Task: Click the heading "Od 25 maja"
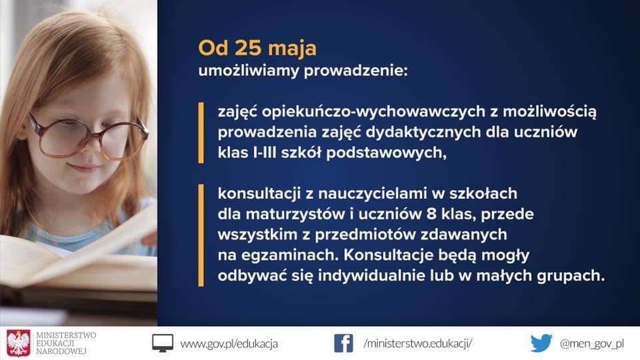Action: pyautogui.click(x=257, y=48)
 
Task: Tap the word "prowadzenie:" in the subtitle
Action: pyautogui.click(x=355, y=71)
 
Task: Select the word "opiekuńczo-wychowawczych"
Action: pyautogui.click(x=373, y=111)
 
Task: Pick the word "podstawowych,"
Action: pyautogui.click(x=386, y=153)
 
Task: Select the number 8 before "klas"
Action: pyautogui.click(x=431, y=214)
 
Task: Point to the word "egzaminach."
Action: pyautogui.click(x=290, y=255)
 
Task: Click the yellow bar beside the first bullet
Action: pyautogui.click(x=201, y=133)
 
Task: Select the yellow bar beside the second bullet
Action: pyautogui.click(x=201, y=235)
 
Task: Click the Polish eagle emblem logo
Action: pyautogui.click(x=19, y=343)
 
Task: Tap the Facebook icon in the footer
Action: pyautogui.click(x=344, y=343)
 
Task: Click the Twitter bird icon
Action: pyautogui.click(x=541, y=343)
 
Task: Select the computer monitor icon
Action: pyautogui.click(x=163, y=343)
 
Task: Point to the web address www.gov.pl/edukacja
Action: pyautogui.click(x=229, y=344)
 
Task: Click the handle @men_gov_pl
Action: pyautogui.click(x=592, y=344)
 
